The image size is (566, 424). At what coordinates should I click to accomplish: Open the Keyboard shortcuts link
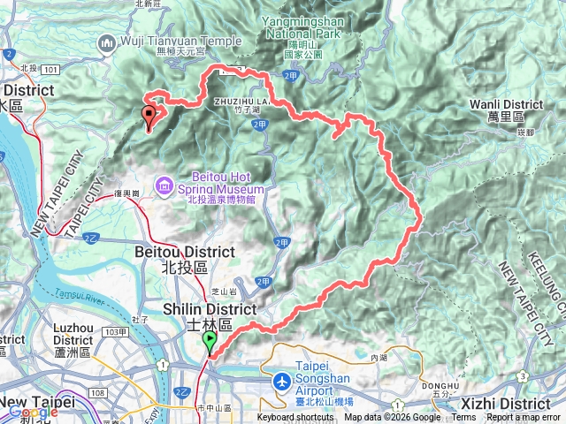click(296, 418)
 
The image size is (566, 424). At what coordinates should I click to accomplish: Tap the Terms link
click(463, 418)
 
